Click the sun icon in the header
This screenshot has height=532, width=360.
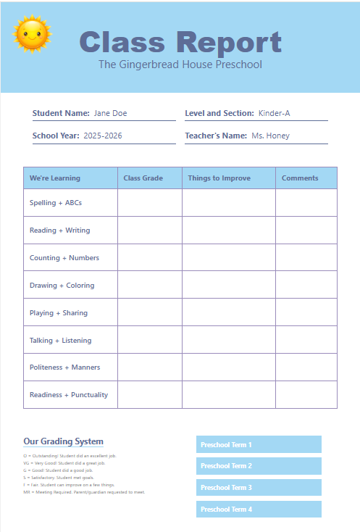point(33,34)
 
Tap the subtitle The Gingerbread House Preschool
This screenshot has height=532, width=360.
point(180,65)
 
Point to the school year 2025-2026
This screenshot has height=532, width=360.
point(103,136)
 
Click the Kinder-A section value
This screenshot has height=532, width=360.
point(275,113)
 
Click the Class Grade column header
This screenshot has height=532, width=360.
point(143,178)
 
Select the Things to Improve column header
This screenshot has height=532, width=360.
point(219,178)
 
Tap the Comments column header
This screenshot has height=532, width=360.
point(300,178)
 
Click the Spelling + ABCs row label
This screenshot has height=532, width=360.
point(56,203)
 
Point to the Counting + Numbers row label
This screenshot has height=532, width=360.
point(64,258)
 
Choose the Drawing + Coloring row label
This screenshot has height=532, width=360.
point(62,286)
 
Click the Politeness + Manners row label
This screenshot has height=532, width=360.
point(64,367)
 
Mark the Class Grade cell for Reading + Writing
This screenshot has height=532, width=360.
point(150,230)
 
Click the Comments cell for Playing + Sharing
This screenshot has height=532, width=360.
point(306,313)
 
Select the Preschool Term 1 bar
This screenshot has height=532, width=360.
point(259,444)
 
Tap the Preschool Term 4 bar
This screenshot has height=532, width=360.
point(259,509)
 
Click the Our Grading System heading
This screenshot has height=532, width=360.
point(63,441)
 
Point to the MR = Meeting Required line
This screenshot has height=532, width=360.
point(84,492)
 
